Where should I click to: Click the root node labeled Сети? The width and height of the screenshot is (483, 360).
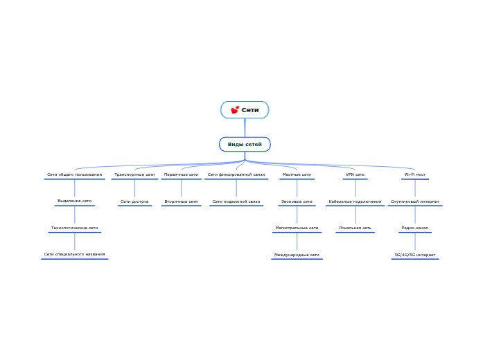[x=245, y=109]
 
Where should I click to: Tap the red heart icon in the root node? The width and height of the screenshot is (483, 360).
[x=235, y=109]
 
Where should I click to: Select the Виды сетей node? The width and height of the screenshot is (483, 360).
[x=245, y=144]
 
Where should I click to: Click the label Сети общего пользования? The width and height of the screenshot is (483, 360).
[x=74, y=174]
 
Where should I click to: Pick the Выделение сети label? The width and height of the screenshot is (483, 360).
[x=74, y=201]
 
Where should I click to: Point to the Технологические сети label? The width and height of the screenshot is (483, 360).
[x=74, y=228]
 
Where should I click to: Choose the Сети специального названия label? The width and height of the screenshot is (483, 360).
[x=74, y=254]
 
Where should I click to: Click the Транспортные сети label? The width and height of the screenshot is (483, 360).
[x=134, y=174]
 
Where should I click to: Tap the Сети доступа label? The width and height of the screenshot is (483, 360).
[x=134, y=201]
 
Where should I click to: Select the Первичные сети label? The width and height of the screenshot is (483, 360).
[x=181, y=174]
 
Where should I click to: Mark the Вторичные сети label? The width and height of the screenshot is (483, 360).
[x=181, y=201]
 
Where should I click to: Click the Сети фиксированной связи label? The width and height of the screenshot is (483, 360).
[x=236, y=174]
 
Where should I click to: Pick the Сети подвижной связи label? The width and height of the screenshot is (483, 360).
[x=236, y=201]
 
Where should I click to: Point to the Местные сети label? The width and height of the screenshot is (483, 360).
[x=297, y=174]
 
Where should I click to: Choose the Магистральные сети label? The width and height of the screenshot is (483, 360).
[x=297, y=228]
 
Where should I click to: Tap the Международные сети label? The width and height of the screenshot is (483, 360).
[x=297, y=255]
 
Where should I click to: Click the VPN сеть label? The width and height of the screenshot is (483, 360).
[x=355, y=174]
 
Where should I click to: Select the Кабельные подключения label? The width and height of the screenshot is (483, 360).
[x=355, y=201]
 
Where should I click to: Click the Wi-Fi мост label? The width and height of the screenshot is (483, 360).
[x=415, y=174]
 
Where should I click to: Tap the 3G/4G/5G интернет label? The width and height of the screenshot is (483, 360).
[x=415, y=255]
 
